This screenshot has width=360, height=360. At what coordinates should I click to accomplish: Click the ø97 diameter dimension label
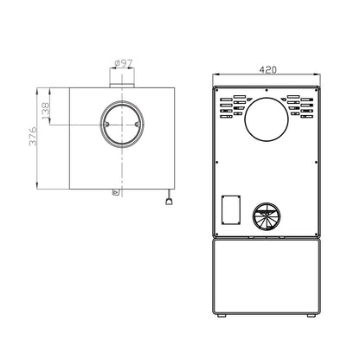click(x=124, y=63)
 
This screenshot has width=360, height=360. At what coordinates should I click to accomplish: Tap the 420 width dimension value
click(x=267, y=70)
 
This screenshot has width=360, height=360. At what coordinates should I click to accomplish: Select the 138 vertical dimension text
click(x=46, y=111)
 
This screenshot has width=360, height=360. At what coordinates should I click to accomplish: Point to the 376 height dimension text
click(x=33, y=136)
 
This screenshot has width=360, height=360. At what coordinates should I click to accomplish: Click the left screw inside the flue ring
click(x=106, y=125)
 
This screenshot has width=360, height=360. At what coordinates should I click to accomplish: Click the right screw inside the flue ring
click(x=138, y=125)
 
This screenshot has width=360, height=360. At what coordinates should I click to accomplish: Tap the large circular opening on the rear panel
click(x=267, y=119)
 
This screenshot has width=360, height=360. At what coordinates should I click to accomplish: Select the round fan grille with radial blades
click(x=266, y=215)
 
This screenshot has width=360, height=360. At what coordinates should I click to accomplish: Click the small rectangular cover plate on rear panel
click(x=231, y=209)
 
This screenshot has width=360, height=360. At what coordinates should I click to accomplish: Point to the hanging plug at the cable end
click(x=169, y=202)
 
